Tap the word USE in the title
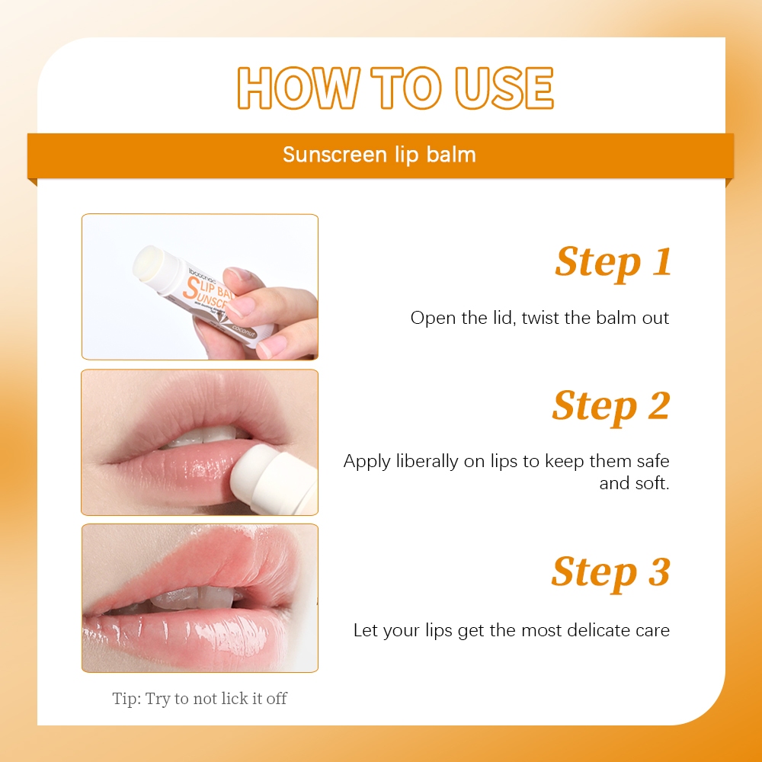(504, 88)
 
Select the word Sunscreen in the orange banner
(335, 155)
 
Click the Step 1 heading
(613, 262)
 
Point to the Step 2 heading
(611, 406)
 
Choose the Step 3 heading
(611, 572)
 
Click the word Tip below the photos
(126, 699)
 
